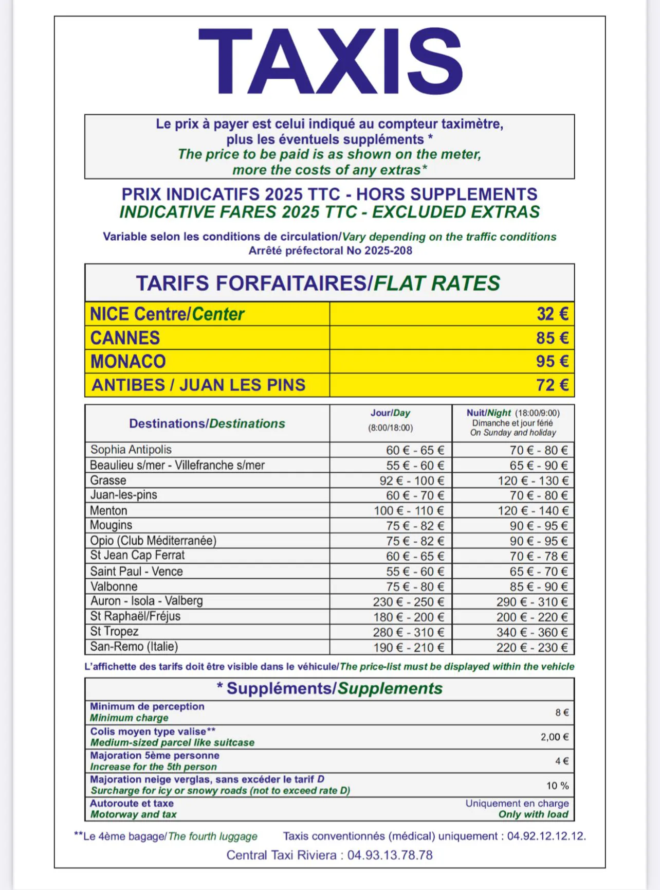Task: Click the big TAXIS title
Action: pyautogui.click(x=330, y=61)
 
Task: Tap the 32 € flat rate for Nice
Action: pyautogui.click(x=552, y=314)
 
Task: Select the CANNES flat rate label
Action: pyautogui.click(x=125, y=338)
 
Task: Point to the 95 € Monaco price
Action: pyautogui.click(x=552, y=361)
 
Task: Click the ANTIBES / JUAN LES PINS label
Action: pyautogui.click(x=198, y=385)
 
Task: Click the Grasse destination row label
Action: pyautogui.click(x=108, y=480)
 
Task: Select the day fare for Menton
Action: pyautogui.click(x=409, y=511)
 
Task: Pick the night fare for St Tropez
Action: pyautogui.click(x=532, y=632)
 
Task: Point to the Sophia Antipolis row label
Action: pyautogui.click(x=131, y=450)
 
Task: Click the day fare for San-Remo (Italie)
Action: pyautogui.click(x=409, y=648)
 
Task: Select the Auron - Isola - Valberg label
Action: pyautogui.click(x=146, y=601)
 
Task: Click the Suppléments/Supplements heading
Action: pyautogui.click(x=329, y=688)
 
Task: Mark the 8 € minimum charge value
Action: pyautogui.click(x=562, y=713)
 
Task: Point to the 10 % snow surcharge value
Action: pyautogui.click(x=557, y=786)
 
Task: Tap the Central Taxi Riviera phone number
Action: pyautogui.click(x=390, y=855)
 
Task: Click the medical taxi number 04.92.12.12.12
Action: pyautogui.click(x=546, y=836)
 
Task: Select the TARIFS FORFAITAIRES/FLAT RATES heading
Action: pyautogui.click(x=318, y=283)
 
